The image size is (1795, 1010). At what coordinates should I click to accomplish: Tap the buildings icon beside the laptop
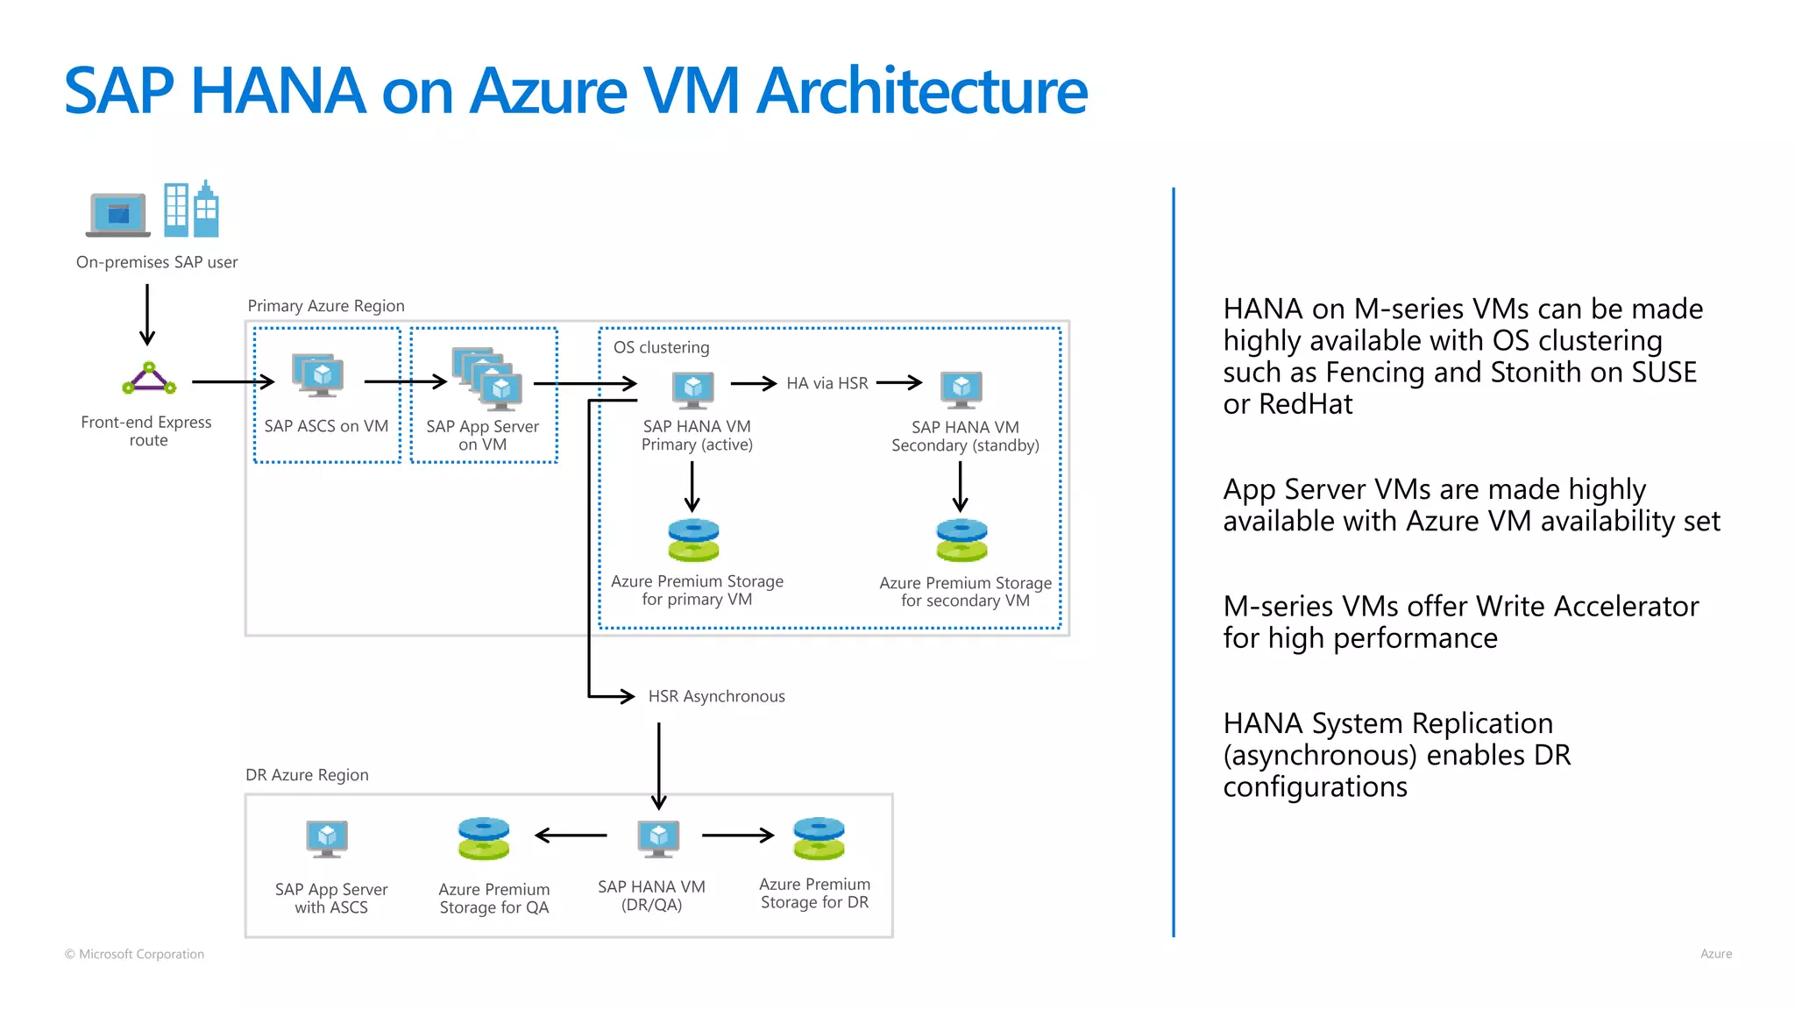pos(191,210)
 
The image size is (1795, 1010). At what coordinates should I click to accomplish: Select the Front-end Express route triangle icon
pos(149,379)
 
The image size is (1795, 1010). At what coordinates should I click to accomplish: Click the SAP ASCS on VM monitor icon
pos(318,376)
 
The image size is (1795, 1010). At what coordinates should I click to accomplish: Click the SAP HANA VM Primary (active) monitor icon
pos(693,389)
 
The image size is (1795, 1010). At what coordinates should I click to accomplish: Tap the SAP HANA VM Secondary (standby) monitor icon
pos(961,389)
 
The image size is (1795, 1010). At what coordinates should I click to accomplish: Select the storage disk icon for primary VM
pos(693,540)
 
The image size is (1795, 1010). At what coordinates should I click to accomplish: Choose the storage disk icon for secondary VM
pos(961,540)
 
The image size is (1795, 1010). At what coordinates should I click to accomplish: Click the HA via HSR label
pos(827,383)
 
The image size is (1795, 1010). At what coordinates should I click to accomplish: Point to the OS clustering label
pos(661,347)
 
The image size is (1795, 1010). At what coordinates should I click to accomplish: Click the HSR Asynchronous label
pos(716,696)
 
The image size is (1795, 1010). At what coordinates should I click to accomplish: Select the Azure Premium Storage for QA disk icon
pos(483,839)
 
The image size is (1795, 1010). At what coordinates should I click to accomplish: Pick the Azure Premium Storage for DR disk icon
pos(819,839)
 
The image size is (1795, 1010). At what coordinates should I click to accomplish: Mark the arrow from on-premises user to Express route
pos(147,315)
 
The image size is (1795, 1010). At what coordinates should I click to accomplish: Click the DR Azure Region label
pos(307,775)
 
